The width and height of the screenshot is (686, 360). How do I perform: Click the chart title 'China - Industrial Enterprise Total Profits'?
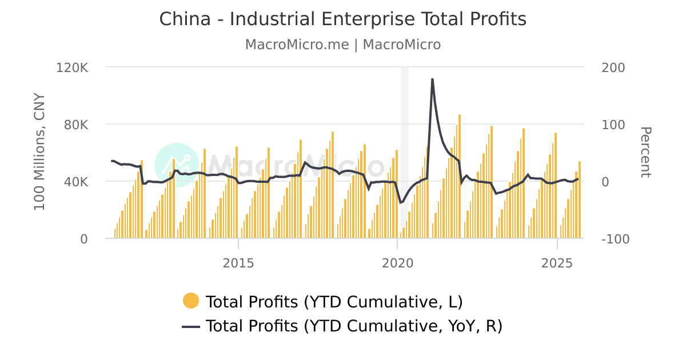click(342, 19)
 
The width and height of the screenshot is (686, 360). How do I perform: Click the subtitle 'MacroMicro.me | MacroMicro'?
click(342, 45)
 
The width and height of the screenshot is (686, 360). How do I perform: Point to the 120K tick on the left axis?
click(73, 67)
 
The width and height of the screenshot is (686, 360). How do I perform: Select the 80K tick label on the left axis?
click(75, 125)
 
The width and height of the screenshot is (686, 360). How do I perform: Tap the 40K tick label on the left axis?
click(75, 182)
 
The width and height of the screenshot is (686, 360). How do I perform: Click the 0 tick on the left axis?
click(83, 239)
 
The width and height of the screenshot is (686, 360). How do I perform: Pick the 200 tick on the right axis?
click(613, 67)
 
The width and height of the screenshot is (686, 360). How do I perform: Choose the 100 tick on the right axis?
click(613, 125)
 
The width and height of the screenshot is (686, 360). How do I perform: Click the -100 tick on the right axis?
click(615, 239)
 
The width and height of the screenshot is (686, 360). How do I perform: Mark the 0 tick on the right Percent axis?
click(607, 182)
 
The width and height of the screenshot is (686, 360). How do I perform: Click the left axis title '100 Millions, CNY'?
click(39, 151)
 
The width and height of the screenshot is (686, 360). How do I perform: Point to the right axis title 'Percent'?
click(645, 153)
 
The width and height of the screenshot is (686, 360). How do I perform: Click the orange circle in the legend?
click(190, 301)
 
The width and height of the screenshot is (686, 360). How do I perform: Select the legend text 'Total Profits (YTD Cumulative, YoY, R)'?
click(353, 326)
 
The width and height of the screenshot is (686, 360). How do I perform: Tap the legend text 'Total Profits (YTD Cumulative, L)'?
click(334, 301)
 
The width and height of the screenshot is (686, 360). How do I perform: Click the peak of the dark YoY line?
click(432, 79)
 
